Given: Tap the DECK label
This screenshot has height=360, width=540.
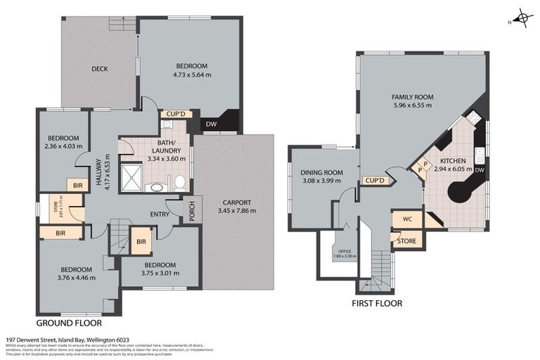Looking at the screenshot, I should click(x=98, y=69).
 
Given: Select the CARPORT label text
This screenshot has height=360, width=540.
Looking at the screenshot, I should click(x=234, y=202).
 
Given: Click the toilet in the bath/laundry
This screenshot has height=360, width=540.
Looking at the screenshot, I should click(x=179, y=183).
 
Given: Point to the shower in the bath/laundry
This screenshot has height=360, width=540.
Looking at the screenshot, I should click(x=131, y=178).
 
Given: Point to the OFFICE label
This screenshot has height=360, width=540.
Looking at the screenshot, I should click(x=345, y=250).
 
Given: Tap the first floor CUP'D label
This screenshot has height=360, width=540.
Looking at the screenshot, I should click(x=375, y=181).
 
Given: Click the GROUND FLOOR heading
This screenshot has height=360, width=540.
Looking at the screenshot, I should click(x=68, y=323).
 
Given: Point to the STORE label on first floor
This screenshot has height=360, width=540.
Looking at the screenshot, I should click(x=406, y=241).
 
